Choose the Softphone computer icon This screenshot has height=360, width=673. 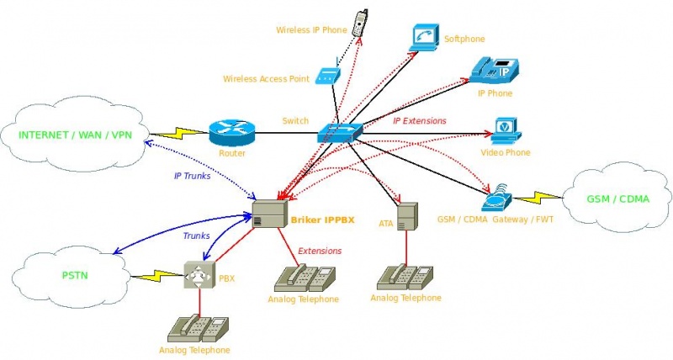click(426, 36)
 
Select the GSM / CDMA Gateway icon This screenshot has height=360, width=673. click(497, 199)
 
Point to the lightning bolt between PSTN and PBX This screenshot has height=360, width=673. click(157, 273)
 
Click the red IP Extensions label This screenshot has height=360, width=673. click(419, 121)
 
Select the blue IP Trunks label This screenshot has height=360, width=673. click(192, 176)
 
